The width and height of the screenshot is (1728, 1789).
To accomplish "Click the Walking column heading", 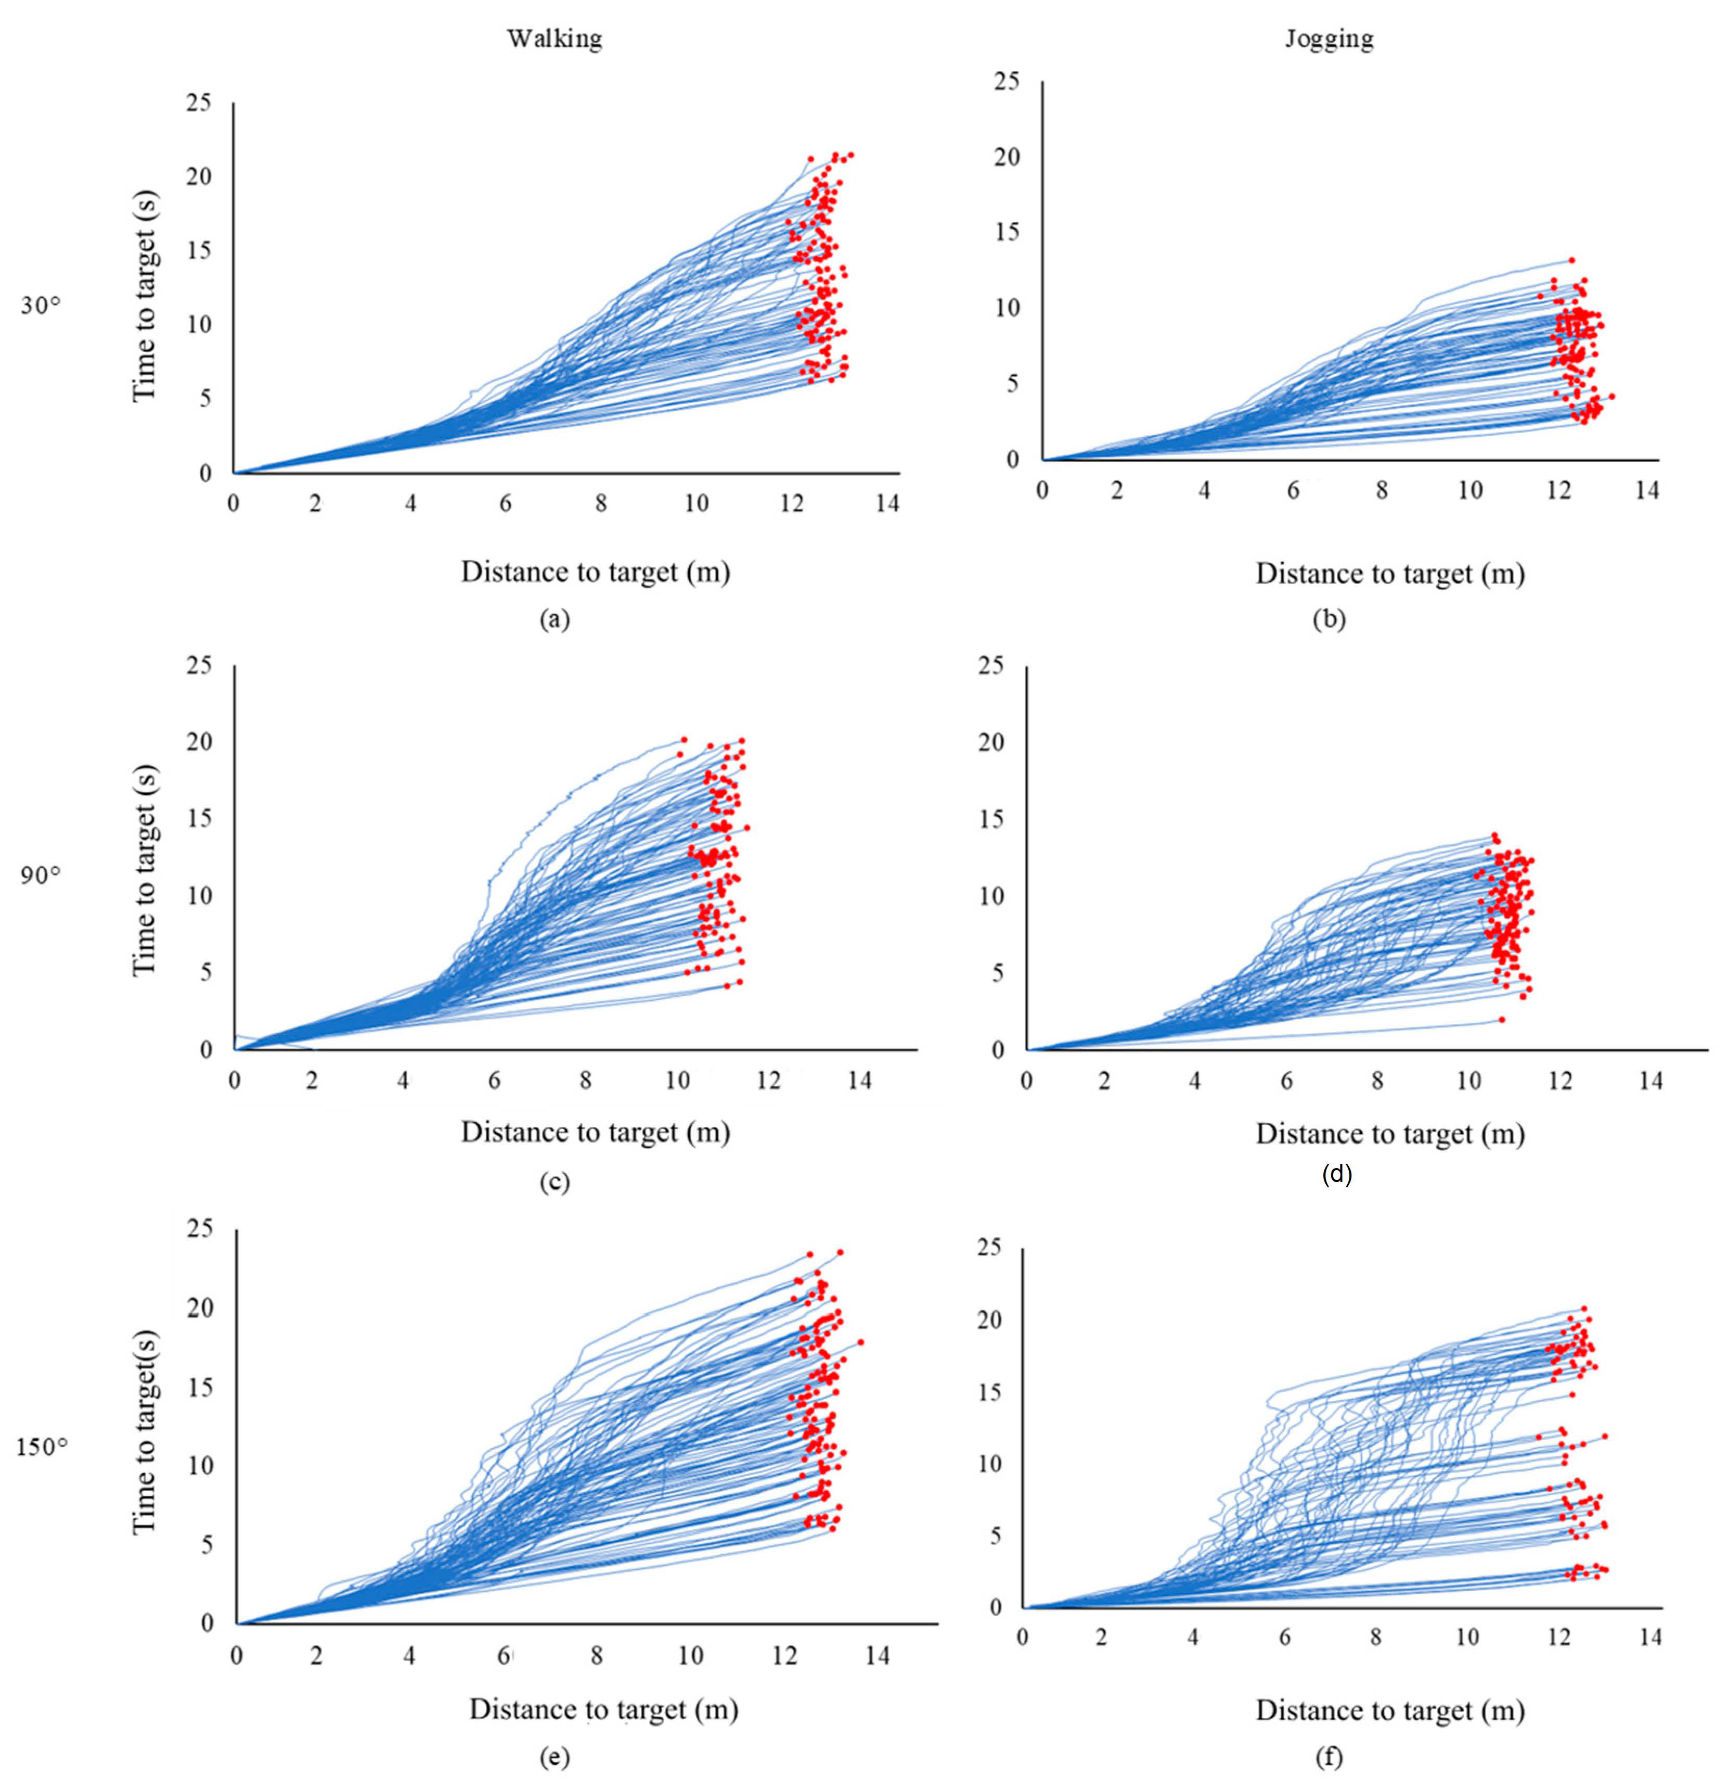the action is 554,39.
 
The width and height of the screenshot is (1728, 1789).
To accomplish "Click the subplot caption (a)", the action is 554,620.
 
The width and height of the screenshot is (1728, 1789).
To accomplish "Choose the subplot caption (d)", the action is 1337,1174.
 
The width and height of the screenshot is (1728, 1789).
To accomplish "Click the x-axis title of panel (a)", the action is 596,572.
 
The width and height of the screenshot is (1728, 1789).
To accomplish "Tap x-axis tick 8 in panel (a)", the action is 600,503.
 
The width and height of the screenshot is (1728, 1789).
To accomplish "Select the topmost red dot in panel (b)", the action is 1571,260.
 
